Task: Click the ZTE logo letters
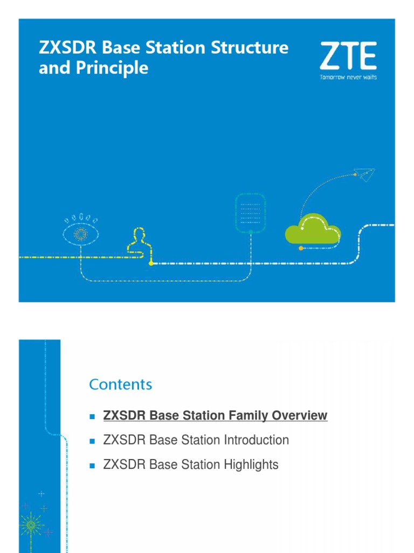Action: click(348, 56)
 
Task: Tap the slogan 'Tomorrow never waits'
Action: click(348, 77)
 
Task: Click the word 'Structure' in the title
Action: click(250, 48)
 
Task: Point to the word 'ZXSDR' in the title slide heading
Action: click(67, 48)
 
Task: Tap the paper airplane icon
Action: click(364, 174)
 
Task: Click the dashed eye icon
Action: click(81, 231)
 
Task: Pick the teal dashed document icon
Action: click(250, 213)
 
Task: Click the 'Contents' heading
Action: click(120, 384)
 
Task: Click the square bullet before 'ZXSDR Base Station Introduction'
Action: click(92, 441)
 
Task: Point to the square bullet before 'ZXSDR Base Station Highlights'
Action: click(92, 466)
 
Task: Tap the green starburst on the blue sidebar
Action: click(31, 525)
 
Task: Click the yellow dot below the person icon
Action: click(151, 263)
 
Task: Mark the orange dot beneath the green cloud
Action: click(301, 248)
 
